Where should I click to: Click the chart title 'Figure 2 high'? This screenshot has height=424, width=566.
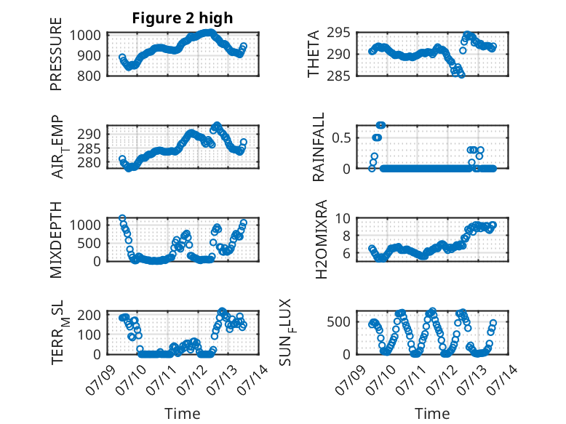pyautogui.click(x=183, y=18)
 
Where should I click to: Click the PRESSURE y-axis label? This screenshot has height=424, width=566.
pyautogui.click(x=56, y=54)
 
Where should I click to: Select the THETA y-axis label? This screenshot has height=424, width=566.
pyautogui.click(x=314, y=54)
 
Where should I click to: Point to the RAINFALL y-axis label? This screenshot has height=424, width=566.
pyautogui.click(x=319, y=147)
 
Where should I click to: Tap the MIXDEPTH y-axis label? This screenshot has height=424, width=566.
pyautogui.click(x=56, y=240)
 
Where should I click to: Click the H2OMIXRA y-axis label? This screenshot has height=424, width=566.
pyautogui.click(x=321, y=239)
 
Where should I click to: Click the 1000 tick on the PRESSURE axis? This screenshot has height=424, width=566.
pyautogui.click(x=85, y=36)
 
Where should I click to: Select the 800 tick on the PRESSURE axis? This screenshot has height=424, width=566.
pyautogui.click(x=89, y=76)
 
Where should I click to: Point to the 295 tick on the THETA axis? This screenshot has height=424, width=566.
pyautogui.click(x=338, y=33)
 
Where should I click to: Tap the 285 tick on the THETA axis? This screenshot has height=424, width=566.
pyautogui.click(x=338, y=76)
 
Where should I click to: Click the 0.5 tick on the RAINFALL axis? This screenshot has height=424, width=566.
pyautogui.click(x=341, y=138)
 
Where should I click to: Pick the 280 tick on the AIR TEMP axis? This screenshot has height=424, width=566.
pyautogui.click(x=89, y=163)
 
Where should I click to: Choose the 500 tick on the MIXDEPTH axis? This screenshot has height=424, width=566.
pyautogui.click(x=89, y=243)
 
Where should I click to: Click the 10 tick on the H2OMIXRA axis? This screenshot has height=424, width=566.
pyautogui.click(x=343, y=218)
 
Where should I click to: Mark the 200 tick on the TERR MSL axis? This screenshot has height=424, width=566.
pyautogui.click(x=89, y=315)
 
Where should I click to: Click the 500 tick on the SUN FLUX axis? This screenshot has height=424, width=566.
pyautogui.click(x=338, y=322)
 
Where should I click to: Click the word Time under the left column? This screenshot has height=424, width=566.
pyautogui.click(x=183, y=414)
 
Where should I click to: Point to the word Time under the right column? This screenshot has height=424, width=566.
pyautogui.click(x=432, y=414)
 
